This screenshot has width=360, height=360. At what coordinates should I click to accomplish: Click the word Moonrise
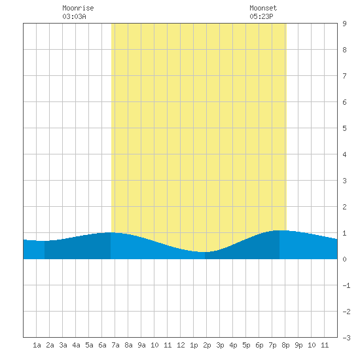pos(78,8)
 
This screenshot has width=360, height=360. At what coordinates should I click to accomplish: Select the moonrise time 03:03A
pos(74,16)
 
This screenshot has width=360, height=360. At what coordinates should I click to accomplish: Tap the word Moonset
pos(263,8)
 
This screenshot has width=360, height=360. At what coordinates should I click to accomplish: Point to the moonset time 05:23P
pos(261,16)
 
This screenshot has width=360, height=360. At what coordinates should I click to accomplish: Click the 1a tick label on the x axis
pos(37,345)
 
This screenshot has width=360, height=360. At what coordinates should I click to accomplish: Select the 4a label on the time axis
pos(76,345)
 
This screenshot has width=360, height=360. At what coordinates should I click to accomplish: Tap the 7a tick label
pos(115,345)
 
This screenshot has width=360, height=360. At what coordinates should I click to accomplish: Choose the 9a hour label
pos(141,345)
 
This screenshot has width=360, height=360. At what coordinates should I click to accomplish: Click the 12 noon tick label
pos(181,345)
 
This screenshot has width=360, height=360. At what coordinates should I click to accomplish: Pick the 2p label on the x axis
pos(207,346)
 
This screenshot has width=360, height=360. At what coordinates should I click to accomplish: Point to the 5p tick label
pos(246,346)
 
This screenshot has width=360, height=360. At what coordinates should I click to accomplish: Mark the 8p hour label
pos(285,346)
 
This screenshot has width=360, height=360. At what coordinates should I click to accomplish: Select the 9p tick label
pos(298,346)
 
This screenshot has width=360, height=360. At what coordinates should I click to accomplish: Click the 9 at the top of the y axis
pos(344,24)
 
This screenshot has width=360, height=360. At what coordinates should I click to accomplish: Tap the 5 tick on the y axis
pos(344,128)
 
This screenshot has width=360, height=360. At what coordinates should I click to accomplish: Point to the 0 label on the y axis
pos(344,259)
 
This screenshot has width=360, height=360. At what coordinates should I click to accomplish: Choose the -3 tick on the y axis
pos(346,338)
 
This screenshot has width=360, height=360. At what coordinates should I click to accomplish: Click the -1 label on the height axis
pos(346,285)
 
